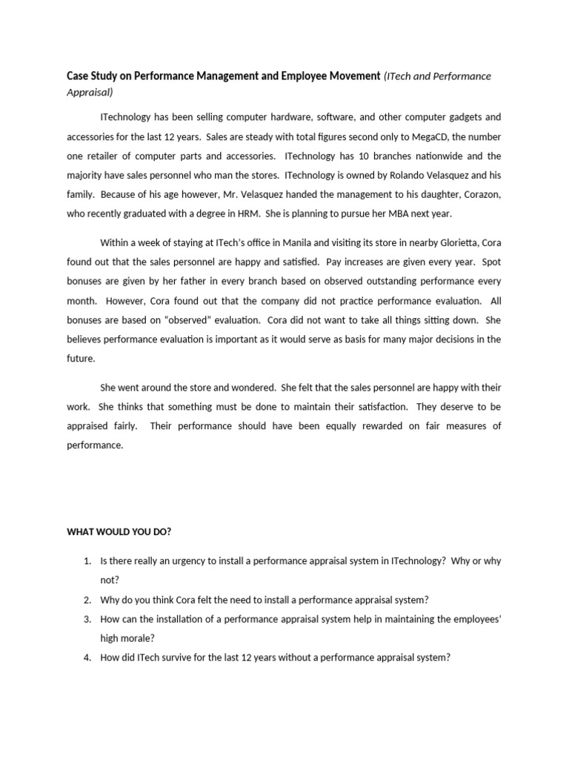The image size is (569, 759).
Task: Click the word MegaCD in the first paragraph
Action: pos(422,136)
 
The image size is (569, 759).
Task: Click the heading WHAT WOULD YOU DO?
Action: pos(119,532)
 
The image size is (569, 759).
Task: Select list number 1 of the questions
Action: pos(87,561)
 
